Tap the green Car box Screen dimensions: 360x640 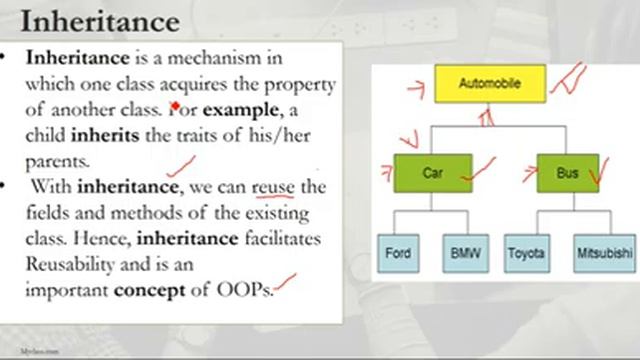click(x=432, y=173)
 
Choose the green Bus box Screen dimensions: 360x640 click(x=568, y=173)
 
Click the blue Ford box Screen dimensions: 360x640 click(x=398, y=254)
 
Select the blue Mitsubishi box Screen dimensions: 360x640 click(x=604, y=254)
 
